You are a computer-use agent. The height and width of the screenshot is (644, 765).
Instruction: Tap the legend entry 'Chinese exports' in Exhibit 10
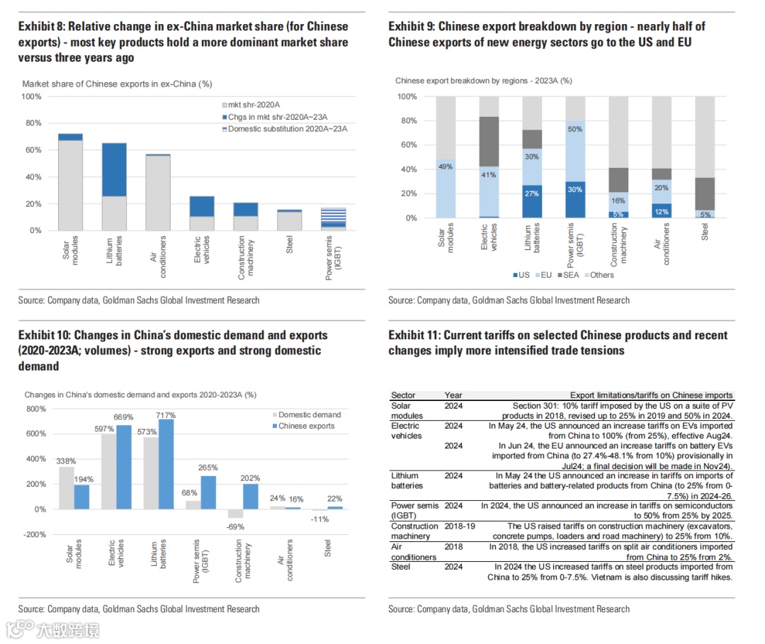pyautogui.click(x=307, y=426)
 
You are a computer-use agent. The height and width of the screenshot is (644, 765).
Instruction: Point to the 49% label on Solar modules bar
pyautogui.click(x=446, y=166)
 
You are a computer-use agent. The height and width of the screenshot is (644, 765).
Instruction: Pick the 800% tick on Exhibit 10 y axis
pyautogui.click(x=35, y=409)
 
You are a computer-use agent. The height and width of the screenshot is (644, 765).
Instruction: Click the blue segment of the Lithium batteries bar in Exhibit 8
pyautogui.click(x=114, y=170)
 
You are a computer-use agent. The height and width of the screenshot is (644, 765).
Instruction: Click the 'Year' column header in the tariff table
pyautogui.click(x=453, y=395)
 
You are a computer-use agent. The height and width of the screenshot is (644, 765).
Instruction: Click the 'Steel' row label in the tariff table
pyautogui.click(x=401, y=566)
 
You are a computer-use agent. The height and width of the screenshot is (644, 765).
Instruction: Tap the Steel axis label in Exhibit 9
pyautogui.click(x=705, y=232)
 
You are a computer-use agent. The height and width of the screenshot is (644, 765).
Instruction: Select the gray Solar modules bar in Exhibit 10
pyautogui.click(x=66, y=487)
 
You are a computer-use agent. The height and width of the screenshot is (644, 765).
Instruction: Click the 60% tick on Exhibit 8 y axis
pyautogui.click(x=33, y=150)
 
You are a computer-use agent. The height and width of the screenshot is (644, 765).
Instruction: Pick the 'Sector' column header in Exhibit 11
pyautogui.click(x=403, y=395)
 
